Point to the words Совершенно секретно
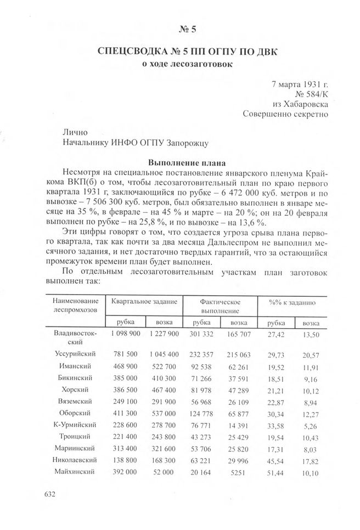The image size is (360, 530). click(285, 114)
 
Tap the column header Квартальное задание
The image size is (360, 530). click(144, 302)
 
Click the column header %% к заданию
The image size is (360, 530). click(292, 302)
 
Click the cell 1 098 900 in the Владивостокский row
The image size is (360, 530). click(126, 333)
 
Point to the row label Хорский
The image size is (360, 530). click(76, 390)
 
